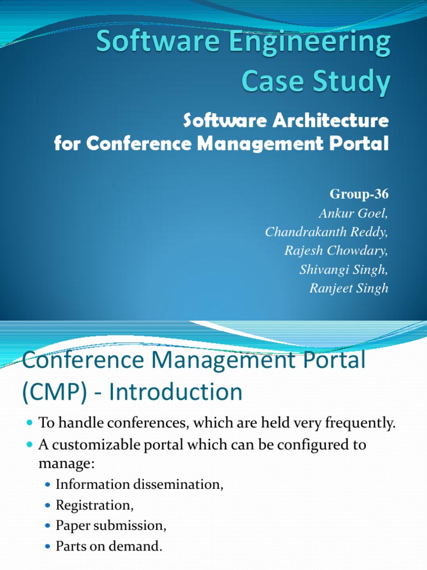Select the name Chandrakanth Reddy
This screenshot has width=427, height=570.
pos(326,232)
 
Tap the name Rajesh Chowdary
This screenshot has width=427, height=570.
pos(336,250)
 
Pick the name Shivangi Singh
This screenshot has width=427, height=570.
pos(344,269)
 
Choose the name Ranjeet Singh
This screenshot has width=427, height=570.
pos(349,288)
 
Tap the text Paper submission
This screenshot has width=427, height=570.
pos(111,526)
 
